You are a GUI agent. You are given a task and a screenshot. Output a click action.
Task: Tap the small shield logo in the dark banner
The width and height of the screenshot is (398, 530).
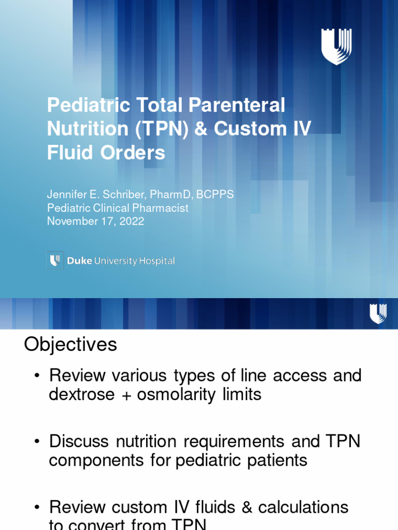[377, 314]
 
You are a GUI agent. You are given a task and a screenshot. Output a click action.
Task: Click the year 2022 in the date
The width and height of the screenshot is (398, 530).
[132, 221]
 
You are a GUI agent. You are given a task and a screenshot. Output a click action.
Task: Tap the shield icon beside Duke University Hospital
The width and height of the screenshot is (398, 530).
[55, 260]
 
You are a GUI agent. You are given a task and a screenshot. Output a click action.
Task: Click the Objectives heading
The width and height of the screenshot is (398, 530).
[70, 345]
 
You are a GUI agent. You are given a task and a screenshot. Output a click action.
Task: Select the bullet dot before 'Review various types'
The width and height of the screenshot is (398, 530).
[37, 376]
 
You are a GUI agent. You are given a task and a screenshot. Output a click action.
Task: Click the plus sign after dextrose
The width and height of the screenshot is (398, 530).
[125, 395]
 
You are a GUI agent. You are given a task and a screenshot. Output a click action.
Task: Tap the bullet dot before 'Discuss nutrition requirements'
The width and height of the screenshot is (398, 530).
[37, 442]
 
